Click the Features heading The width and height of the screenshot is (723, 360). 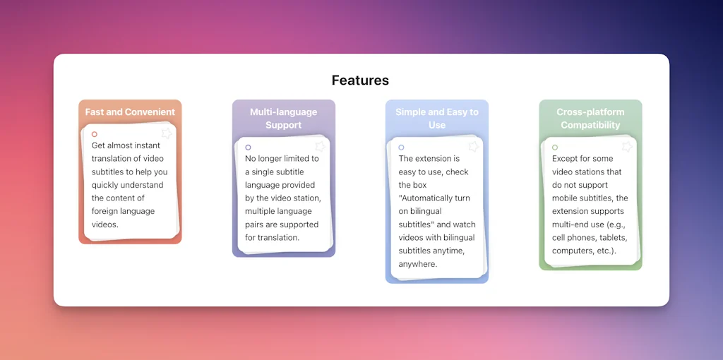[x=360, y=80]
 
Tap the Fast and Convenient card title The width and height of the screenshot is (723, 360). [x=130, y=112]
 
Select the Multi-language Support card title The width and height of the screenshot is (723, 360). [x=283, y=119]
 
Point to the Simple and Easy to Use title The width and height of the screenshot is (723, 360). [x=436, y=119]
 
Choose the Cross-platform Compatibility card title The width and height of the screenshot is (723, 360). [x=590, y=119]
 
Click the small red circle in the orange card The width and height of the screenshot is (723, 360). [x=95, y=134]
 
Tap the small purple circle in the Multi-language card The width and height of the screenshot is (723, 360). [x=248, y=148]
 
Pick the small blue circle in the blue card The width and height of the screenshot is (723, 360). [x=401, y=148]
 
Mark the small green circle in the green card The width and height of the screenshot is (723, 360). [x=555, y=148]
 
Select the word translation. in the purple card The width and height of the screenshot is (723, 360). [x=273, y=238]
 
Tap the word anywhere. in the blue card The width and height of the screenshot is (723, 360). [x=418, y=265]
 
